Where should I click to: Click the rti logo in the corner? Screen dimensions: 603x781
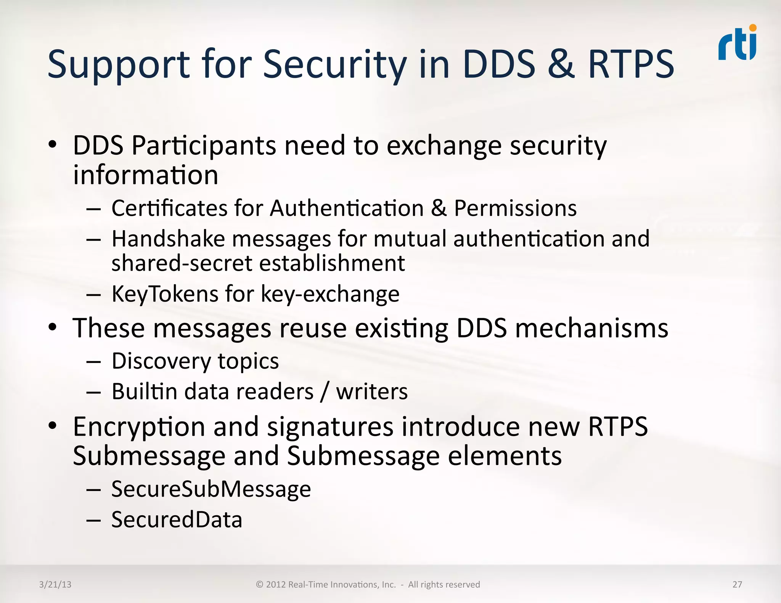point(737,43)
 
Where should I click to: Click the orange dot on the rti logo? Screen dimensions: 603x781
point(752,28)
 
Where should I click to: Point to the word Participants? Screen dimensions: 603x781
point(204,146)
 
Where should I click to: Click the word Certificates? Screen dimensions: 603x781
point(169,208)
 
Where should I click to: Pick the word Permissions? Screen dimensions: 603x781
point(515,208)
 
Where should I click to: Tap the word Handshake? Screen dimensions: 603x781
point(168,239)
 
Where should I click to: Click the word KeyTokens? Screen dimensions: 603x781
point(164,294)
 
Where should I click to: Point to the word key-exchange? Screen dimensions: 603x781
point(330,294)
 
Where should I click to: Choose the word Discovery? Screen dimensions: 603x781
point(161,361)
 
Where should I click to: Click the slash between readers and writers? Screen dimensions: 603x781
point(325,392)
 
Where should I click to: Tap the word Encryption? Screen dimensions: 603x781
point(139,427)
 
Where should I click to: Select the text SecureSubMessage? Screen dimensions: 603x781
point(211,489)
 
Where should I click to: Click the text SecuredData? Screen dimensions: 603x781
point(177,520)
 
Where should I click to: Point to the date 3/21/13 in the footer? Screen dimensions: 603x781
point(55,584)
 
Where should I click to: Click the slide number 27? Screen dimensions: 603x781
point(737,584)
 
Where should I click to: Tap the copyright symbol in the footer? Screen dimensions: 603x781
point(260,584)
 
